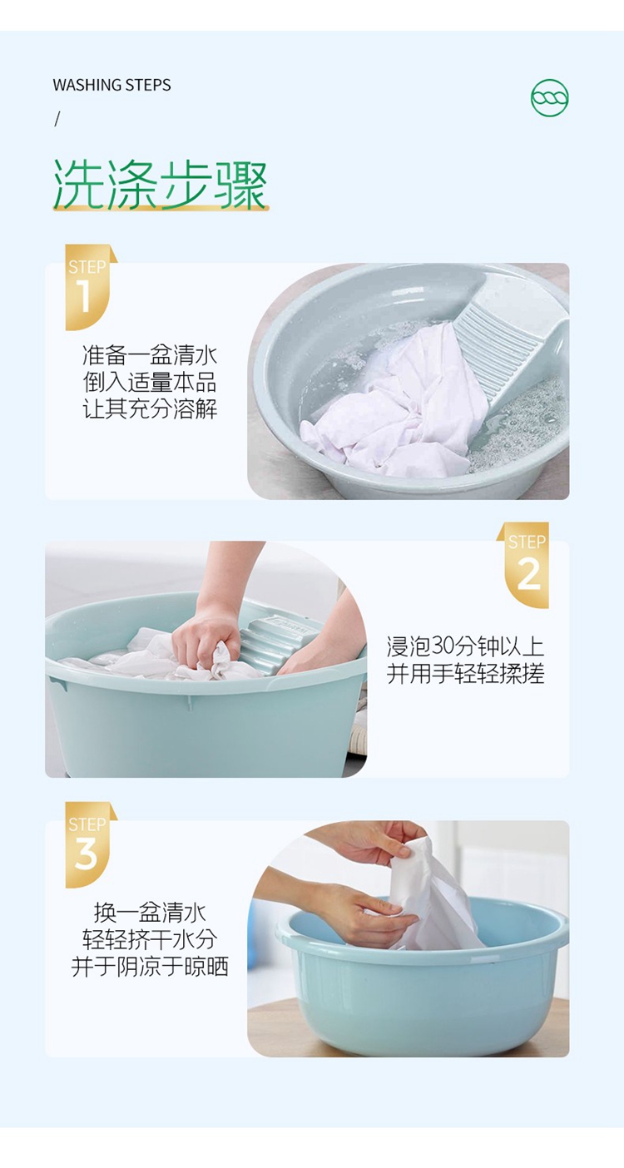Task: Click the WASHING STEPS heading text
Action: pyautogui.click(x=111, y=85)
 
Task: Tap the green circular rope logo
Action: pyautogui.click(x=549, y=97)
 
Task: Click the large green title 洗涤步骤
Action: pyautogui.click(x=161, y=186)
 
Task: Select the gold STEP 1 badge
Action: pyautogui.click(x=89, y=287)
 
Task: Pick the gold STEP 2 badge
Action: pyautogui.click(x=525, y=565)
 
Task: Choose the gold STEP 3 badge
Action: pyautogui.click(x=89, y=845)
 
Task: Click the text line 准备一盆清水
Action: pyautogui.click(x=150, y=355)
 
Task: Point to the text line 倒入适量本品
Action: pyautogui.click(x=150, y=382)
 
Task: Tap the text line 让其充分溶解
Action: pyautogui.click(x=150, y=408)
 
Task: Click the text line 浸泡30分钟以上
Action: pyautogui.click(x=466, y=646)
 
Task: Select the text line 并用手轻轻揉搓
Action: pyautogui.click(x=466, y=673)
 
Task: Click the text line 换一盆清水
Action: pyautogui.click(x=150, y=913)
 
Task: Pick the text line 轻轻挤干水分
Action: pyautogui.click(x=150, y=939)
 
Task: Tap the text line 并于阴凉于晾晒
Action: pyautogui.click(x=150, y=967)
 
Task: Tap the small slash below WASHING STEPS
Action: pyautogui.click(x=57, y=120)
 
